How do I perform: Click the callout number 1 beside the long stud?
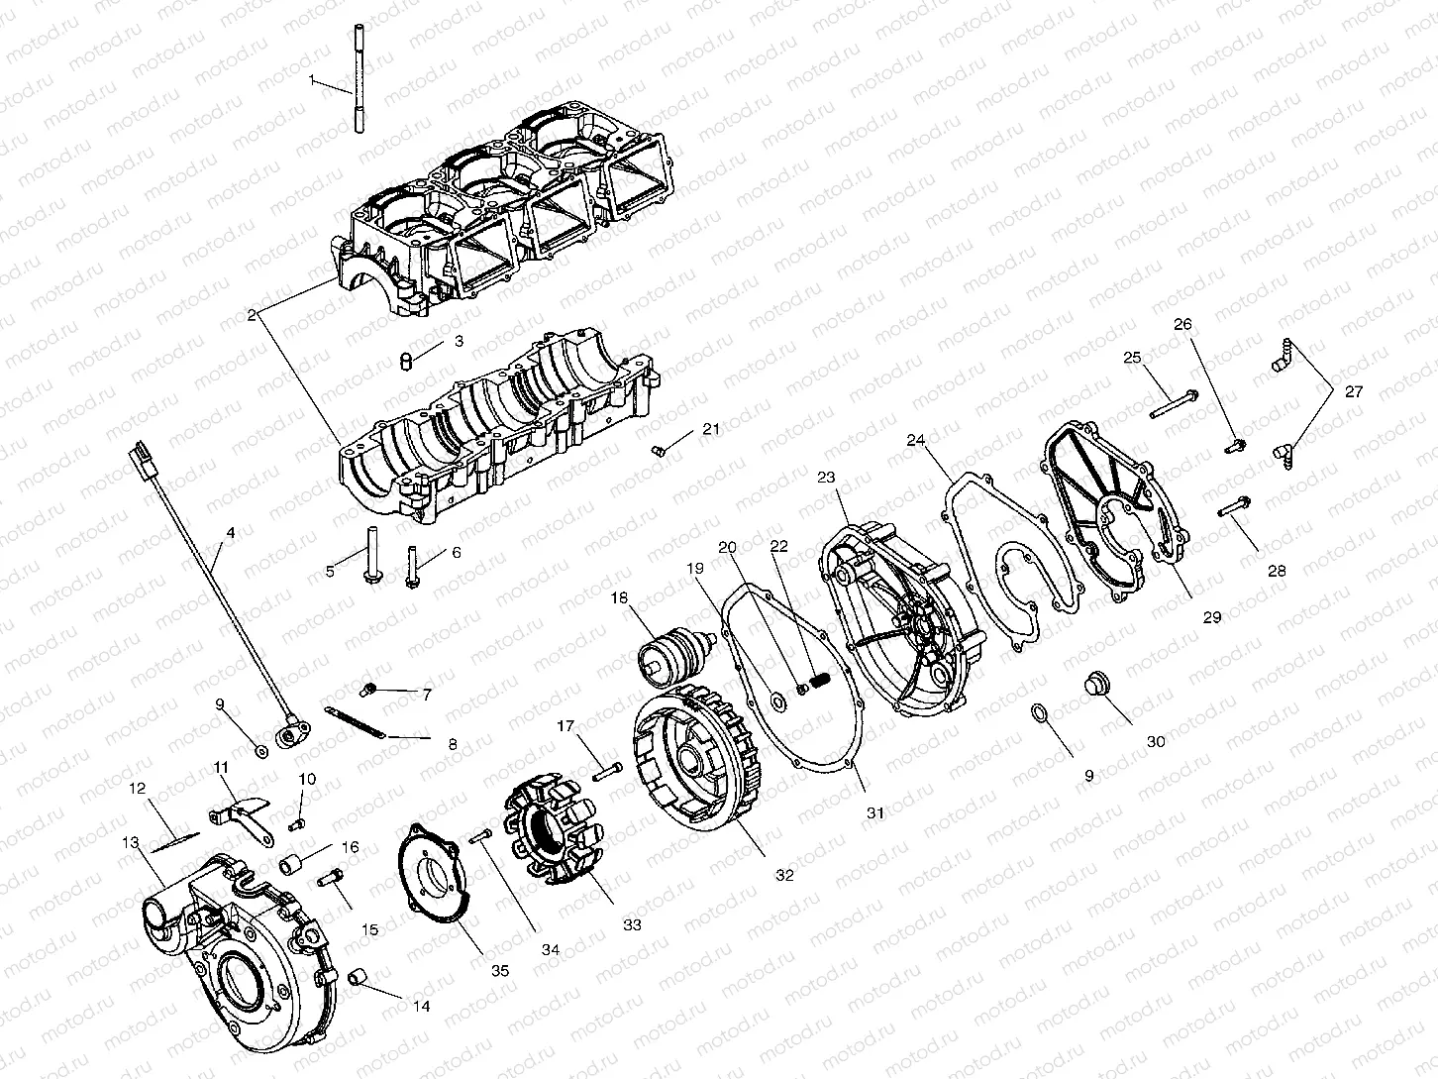(x=313, y=78)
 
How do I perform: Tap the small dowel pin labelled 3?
(x=404, y=359)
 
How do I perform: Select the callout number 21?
(x=712, y=428)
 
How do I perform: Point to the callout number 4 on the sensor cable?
(x=231, y=533)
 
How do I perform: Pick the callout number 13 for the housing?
(x=131, y=843)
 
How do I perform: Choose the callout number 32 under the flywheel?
(x=784, y=876)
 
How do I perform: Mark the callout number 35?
(x=500, y=971)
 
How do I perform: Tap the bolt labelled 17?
(x=607, y=770)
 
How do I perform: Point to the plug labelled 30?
(x=1097, y=685)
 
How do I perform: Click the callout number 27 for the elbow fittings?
(x=1354, y=391)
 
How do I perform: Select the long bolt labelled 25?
(x=1175, y=404)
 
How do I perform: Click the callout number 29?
(x=1212, y=616)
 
